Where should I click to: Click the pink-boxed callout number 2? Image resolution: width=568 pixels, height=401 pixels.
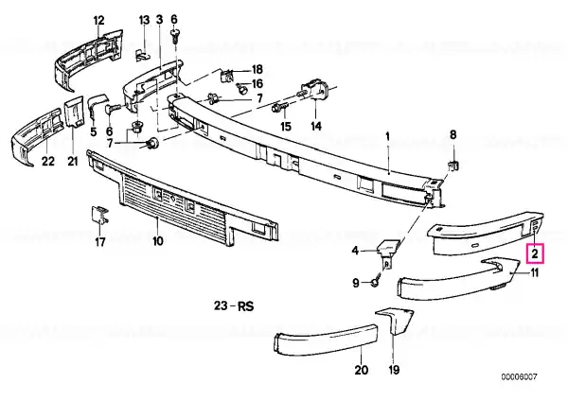[535, 253]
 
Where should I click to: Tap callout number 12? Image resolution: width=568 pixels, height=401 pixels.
[98, 20]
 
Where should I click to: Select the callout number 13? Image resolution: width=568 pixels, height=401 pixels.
[144, 20]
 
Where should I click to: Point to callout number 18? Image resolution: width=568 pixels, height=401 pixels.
[257, 69]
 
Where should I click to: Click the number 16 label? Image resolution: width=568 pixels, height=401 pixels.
[257, 83]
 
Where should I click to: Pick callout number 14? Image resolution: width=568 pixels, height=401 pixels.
[316, 126]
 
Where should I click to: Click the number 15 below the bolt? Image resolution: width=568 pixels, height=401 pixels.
[286, 127]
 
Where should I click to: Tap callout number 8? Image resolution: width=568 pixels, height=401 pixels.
[453, 135]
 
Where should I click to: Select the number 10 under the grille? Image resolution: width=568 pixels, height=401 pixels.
[158, 240]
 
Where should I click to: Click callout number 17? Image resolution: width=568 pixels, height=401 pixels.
[100, 241]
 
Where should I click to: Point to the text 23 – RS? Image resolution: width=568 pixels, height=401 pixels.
[234, 306]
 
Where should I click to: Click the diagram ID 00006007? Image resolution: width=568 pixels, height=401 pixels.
[519, 377]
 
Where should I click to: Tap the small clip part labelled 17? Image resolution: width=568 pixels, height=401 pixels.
[99, 215]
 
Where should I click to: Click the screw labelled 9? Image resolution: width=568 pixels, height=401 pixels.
[375, 281]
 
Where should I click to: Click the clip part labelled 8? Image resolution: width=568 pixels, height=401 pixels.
[453, 166]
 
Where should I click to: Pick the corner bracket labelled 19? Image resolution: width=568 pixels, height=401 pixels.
[396, 321]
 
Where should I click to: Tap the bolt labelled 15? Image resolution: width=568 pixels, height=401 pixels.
[281, 107]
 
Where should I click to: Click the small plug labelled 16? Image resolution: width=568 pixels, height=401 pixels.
[240, 88]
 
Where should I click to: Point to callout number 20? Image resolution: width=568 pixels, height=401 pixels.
[362, 370]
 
